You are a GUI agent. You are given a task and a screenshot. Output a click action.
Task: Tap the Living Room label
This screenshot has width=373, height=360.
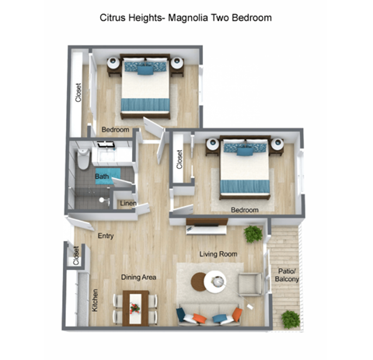coord(218,253)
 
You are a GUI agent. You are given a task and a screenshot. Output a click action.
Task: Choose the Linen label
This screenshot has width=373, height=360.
coord(128,204)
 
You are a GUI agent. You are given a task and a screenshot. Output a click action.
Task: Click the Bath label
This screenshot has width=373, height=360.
coord(102,177)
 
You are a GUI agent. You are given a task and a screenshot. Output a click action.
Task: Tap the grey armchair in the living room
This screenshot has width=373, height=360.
coord(250,285)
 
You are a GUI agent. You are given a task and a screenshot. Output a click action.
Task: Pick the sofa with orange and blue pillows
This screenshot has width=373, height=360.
coord(209,315)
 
